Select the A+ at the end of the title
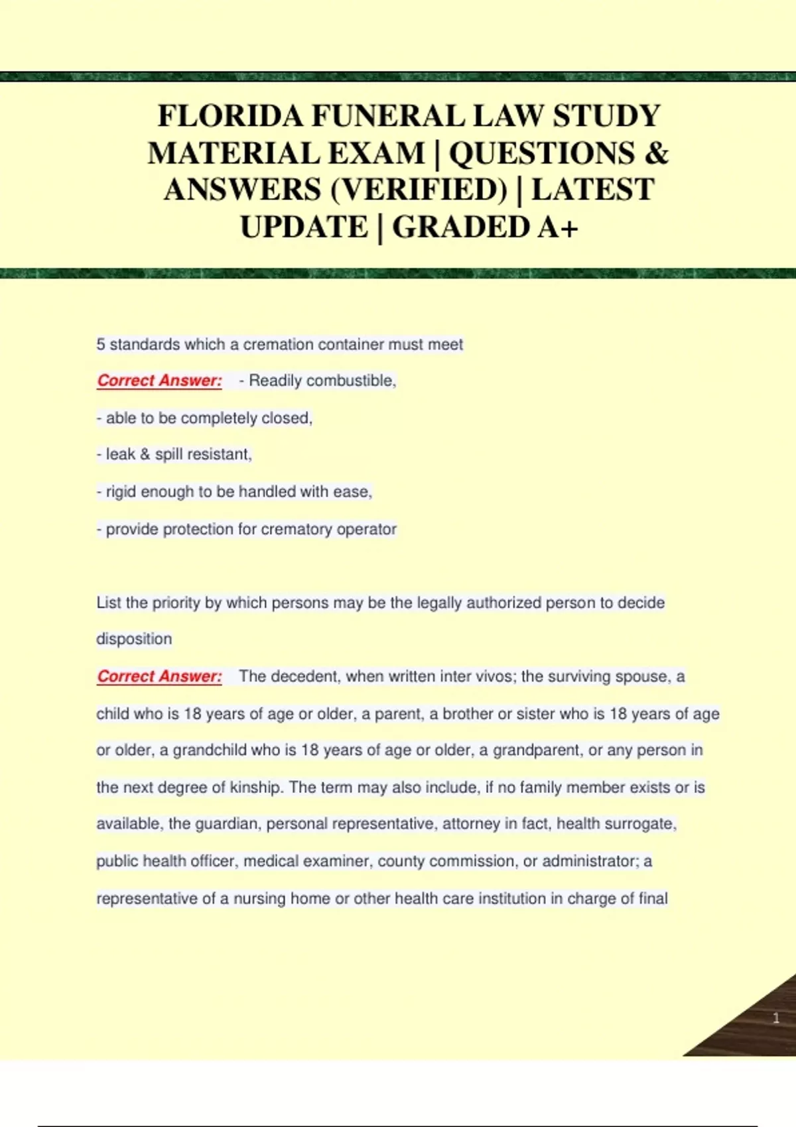tap(558, 227)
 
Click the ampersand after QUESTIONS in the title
tap(655, 153)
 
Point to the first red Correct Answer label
tap(159, 381)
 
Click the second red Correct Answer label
tap(159, 676)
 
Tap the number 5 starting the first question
tap(101, 344)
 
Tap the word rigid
tap(121, 492)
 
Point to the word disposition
tap(134, 639)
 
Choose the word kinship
tap(256, 788)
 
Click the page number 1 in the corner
tap(776, 1018)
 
